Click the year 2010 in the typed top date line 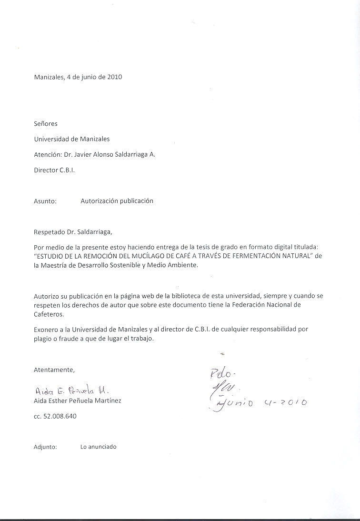click(x=115, y=77)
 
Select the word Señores click(x=46, y=124)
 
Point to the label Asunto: click(x=46, y=201)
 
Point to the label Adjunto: click(x=46, y=447)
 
